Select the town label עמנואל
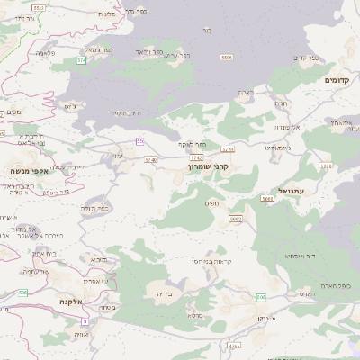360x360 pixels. click(x=292, y=191)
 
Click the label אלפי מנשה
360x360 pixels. click(x=28, y=170)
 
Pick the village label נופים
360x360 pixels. click(x=211, y=202)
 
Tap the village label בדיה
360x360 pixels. click(x=163, y=292)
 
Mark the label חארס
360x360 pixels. click(x=306, y=293)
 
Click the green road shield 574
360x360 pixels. click(x=81, y=60)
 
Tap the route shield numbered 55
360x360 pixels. click(x=139, y=141)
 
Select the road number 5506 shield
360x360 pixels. click(x=226, y=58)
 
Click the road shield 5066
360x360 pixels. click(x=266, y=198)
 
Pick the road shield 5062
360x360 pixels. click(x=235, y=219)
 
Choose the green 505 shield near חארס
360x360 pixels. click(x=261, y=296)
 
